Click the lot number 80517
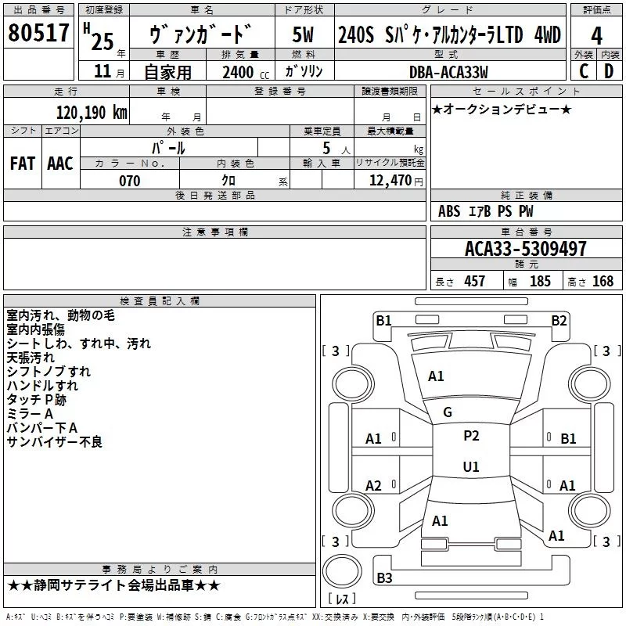38,34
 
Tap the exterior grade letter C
584,71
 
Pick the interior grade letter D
610,71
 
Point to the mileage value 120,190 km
92,112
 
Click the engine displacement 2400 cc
238,72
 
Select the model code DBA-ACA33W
448,72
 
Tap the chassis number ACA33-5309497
525,249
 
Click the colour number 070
129,181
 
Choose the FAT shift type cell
22,164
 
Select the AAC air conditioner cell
60,164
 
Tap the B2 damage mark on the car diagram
559,320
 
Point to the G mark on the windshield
448,412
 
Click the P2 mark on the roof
471,436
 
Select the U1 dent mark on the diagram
471,466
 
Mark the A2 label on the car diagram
374,486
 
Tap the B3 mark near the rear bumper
384,578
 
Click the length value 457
474,282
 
